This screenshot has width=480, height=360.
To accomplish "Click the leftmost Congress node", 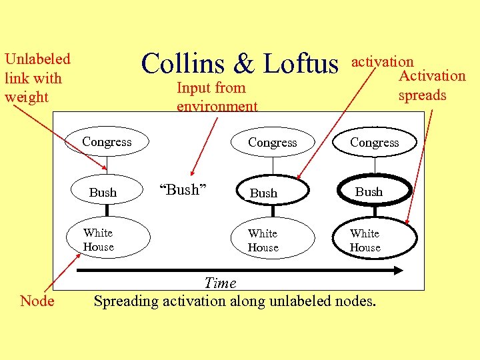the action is click(x=107, y=141).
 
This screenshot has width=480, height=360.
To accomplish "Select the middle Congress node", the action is click(x=272, y=142).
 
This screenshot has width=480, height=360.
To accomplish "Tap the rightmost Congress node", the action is click(x=374, y=142).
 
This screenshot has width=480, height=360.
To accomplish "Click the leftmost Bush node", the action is click(x=103, y=192).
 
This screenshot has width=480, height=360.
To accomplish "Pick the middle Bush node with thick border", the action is click(x=264, y=193).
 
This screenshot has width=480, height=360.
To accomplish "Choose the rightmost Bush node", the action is click(x=369, y=191).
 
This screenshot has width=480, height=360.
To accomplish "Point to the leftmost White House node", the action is click(x=99, y=239).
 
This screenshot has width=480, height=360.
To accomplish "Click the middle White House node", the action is click(x=263, y=240).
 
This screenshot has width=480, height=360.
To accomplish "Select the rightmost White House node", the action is click(x=365, y=240).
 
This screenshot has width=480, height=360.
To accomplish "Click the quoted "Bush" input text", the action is click(x=181, y=190).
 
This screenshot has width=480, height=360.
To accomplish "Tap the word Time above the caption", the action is click(x=220, y=283).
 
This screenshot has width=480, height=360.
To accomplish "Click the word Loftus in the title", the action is click(x=301, y=64).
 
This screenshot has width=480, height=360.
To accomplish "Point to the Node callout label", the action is click(x=37, y=301).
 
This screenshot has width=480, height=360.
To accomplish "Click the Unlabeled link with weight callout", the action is click(x=37, y=78).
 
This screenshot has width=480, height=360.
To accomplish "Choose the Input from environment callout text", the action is click(x=217, y=97).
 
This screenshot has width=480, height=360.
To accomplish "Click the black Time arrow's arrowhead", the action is click(x=399, y=270).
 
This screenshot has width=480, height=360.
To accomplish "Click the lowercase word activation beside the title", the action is click(x=383, y=61).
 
